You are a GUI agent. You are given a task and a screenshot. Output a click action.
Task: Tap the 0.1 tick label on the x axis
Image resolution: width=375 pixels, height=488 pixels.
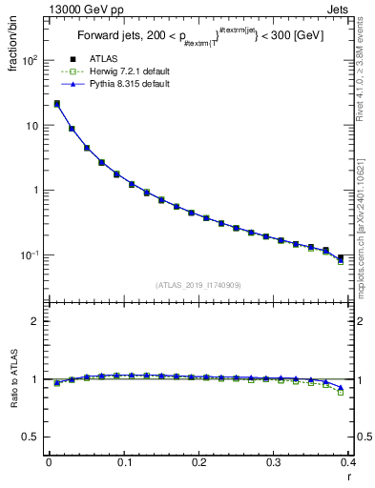(x=123, y=462)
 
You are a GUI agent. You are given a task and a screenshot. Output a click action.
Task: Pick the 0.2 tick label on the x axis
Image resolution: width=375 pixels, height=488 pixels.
(x=198, y=462)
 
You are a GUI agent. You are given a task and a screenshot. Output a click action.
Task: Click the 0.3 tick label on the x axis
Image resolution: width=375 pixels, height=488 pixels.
(x=274, y=462)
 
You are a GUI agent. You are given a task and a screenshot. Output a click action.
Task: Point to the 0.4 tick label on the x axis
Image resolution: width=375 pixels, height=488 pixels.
(x=348, y=462)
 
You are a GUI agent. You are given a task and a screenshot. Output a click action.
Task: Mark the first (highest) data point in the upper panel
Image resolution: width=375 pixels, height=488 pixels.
(x=57, y=104)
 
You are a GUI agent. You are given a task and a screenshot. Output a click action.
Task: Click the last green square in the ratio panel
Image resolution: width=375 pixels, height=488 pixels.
(x=341, y=392)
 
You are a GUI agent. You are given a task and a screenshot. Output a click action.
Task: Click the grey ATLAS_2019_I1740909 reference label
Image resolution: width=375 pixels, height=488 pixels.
(x=198, y=284)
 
